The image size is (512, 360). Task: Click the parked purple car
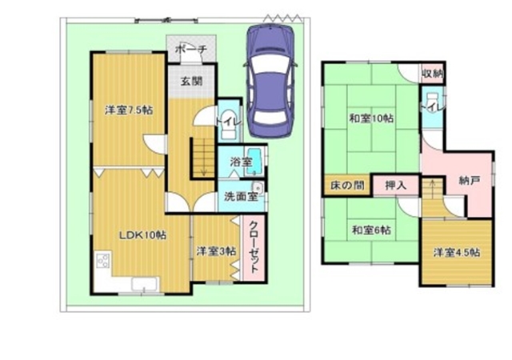[x=270, y=81]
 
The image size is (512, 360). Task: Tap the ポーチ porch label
[x=191, y=50]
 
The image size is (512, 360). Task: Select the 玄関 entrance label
[x=191, y=81]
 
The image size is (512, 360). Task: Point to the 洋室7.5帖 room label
[x=129, y=110]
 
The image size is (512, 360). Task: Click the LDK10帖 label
[x=142, y=234]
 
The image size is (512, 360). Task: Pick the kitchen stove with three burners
[x=102, y=260]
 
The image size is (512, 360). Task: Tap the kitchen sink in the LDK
[x=146, y=284]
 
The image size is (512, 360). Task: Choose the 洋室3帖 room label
[x=217, y=251]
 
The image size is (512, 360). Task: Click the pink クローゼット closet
[x=254, y=247]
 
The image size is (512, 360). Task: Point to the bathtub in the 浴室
[x=255, y=162]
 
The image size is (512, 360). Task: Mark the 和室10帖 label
[x=371, y=118]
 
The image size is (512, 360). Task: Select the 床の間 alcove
[x=346, y=186]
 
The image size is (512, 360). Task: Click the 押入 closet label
[x=396, y=186]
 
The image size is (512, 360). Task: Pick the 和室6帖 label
[x=371, y=230]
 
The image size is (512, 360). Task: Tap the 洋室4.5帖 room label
[x=457, y=253]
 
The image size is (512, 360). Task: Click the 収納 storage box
[x=432, y=74]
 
